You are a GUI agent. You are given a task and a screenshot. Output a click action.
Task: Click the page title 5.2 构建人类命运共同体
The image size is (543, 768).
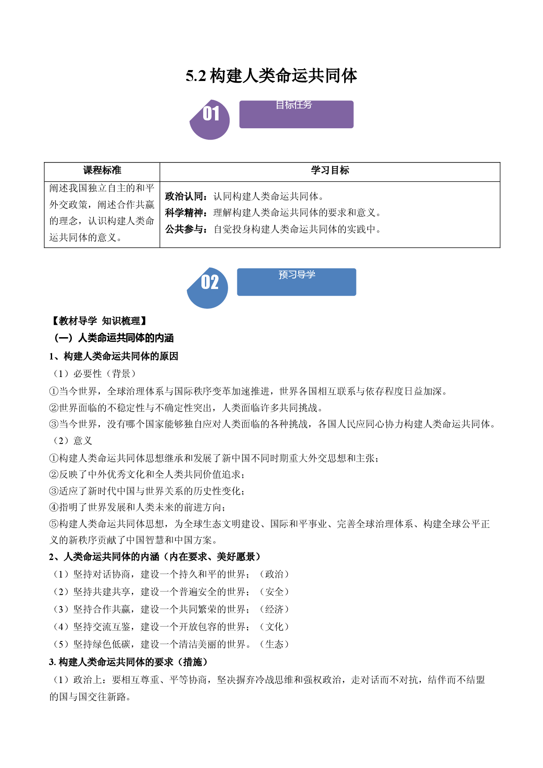pyautogui.click(x=271, y=76)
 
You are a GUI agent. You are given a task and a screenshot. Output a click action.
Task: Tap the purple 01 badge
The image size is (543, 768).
pyautogui.click(x=210, y=120)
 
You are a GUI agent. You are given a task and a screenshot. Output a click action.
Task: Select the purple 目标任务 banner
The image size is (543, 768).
pyautogui.click(x=296, y=114)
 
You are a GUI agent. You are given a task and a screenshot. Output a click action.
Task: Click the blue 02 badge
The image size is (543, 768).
pyautogui.click(x=208, y=288)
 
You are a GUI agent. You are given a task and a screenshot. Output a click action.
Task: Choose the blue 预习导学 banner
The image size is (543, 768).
pyautogui.click(x=296, y=282)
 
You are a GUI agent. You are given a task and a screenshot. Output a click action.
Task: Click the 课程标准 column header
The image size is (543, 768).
pyautogui.click(x=102, y=170)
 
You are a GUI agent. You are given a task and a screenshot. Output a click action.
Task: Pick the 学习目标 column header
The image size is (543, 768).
pyautogui.click(x=330, y=170)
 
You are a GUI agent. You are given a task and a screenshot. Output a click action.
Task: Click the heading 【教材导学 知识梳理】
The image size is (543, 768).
pyautogui.click(x=99, y=321)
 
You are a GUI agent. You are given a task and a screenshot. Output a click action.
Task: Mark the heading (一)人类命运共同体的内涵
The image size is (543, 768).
pyautogui.click(x=113, y=338)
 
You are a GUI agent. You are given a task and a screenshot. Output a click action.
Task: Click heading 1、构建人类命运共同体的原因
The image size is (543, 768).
pyautogui.click(x=114, y=356)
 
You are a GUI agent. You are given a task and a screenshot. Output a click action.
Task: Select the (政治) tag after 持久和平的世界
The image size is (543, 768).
pyautogui.click(x=275, y=574)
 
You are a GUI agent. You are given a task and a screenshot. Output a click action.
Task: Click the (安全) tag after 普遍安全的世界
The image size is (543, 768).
pyautogui.click(x=275, y=592)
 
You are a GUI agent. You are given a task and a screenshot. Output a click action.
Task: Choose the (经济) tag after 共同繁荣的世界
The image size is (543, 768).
pyautogui.click(x=275, y=609)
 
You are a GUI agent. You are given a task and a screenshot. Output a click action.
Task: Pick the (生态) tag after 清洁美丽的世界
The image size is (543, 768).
pyautogui.click(x=275, y=644)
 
